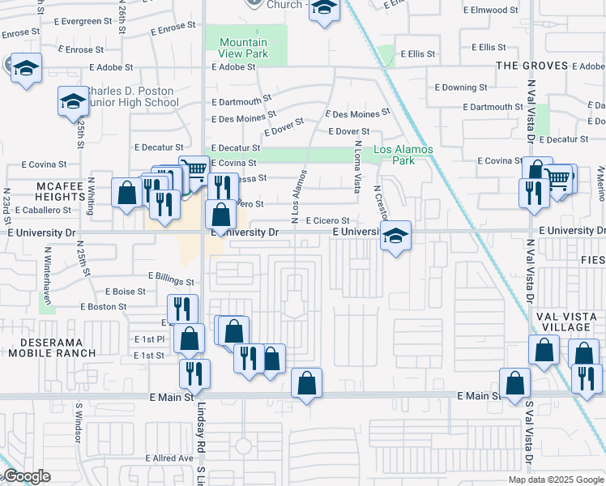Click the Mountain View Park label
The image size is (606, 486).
point(243,47)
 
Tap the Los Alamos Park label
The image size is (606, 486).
point(403,155)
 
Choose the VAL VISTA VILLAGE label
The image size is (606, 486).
point(566,322)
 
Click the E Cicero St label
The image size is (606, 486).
point(327,220)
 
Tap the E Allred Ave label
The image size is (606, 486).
point(169,458)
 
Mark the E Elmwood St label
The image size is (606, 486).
point(490,11)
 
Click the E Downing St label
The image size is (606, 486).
point(461,87)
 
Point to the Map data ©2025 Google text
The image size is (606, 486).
point(555,480)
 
